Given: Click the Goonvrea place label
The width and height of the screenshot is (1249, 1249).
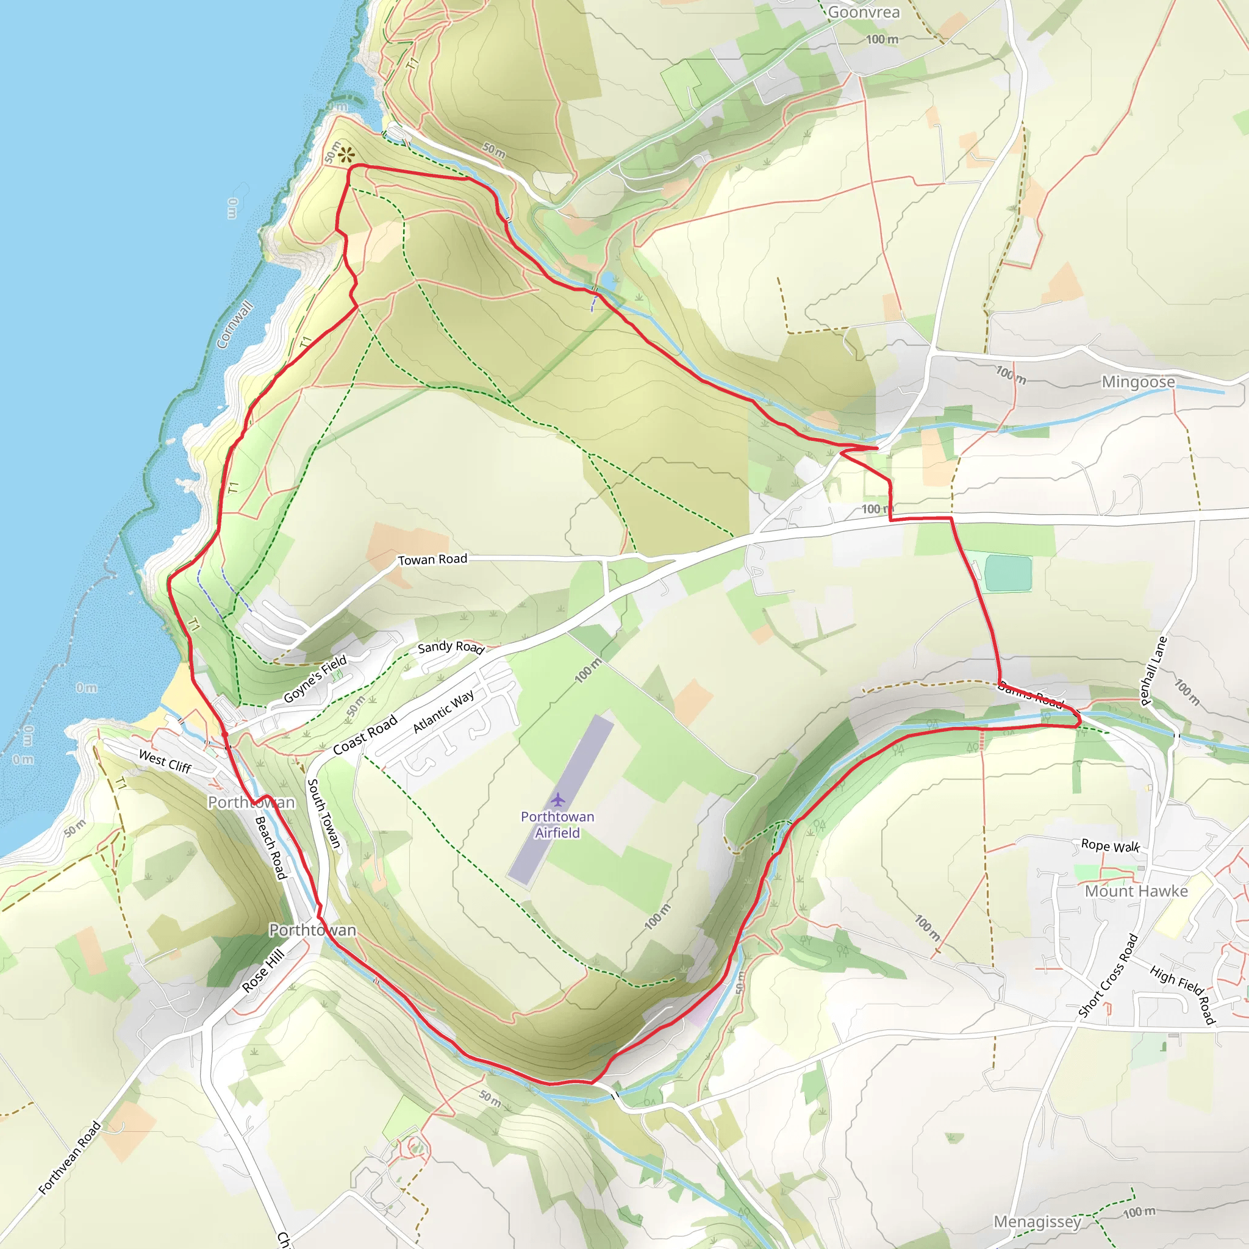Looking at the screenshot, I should click(x=863, y=12).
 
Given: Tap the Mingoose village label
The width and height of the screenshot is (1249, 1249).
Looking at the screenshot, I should click(x=1138, y=382).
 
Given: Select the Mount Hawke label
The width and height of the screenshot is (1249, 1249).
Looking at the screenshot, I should click(x=1136, y=891).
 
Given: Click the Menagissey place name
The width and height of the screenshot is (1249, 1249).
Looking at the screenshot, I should click(x=1037, y=1221).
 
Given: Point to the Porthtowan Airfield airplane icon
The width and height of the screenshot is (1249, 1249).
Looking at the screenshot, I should click(x=558, y=800).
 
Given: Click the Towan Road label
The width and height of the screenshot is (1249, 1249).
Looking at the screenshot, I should click(x=432, y=559).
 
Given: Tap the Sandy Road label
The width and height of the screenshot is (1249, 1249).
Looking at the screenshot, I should click(x=451, y=647).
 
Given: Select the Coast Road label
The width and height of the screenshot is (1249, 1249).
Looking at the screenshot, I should click(x=365, y=735).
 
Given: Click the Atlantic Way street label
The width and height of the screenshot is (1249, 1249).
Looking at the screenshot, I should click(x=443, y=711).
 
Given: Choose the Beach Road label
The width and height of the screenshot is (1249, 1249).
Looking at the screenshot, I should click(x=271, y=848).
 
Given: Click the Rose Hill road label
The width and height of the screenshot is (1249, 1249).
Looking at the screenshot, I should click(x=263, y=970).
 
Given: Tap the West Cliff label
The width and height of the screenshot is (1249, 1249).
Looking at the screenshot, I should click(x=165, y=762).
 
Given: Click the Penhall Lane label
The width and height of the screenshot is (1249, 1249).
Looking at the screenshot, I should click(x=1153, y=670).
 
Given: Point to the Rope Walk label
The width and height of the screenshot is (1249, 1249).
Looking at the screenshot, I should click(x=1110, y=846).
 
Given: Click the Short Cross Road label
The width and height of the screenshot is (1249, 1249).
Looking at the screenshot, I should click(x=1108, y=976).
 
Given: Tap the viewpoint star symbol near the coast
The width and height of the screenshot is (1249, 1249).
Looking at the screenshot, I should click(x=346, y=154).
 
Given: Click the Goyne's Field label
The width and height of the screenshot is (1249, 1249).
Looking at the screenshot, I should click(x=315, y=678).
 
